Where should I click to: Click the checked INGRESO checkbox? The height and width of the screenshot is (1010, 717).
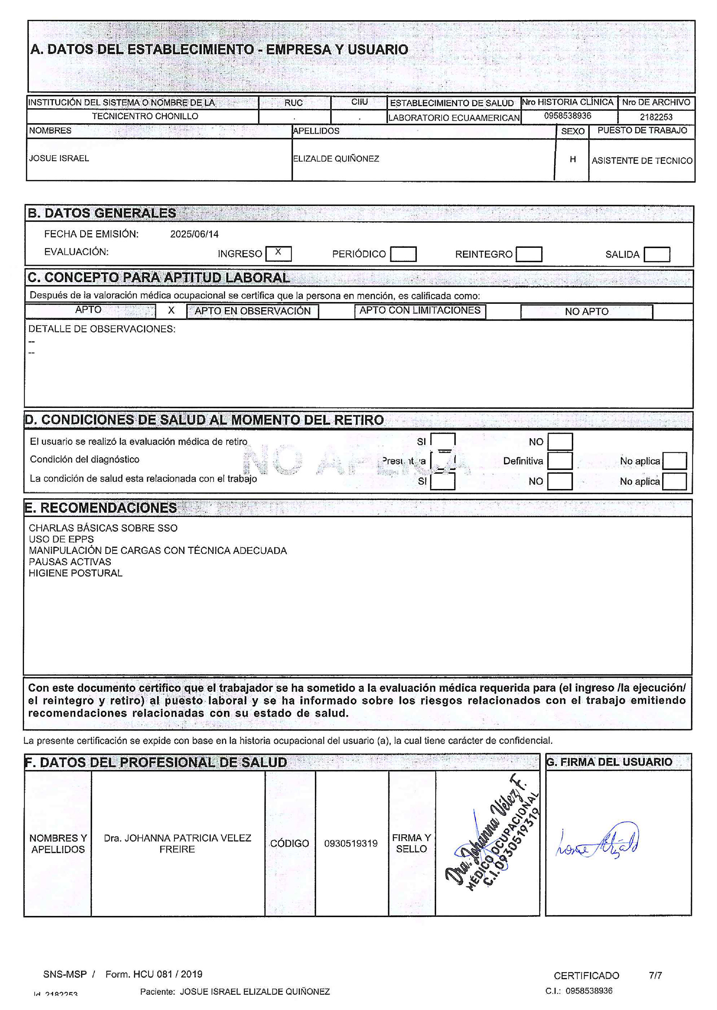[x=278, y=253]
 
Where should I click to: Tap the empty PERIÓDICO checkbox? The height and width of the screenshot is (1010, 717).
[x=403, y=254]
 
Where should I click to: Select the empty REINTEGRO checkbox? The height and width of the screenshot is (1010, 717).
[x=528, y=254]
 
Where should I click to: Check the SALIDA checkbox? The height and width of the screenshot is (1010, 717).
[x=657, y=254]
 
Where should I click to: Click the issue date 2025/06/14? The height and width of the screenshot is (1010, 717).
[x=194, y=234]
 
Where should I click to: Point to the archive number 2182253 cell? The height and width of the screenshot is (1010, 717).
[x=656, y=117]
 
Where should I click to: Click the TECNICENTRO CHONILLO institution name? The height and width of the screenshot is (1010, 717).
[x=145, y=116]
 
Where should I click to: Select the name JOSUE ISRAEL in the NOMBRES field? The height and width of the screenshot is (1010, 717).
[x=59, y=158]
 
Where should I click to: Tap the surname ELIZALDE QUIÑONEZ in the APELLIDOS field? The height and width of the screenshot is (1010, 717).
[x=336, y=159]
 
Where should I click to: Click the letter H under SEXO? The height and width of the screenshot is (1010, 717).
[x=572, y=159]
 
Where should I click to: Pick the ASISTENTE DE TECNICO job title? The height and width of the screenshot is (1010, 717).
[x=642, y=160]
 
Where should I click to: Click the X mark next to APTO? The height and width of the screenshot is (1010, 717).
[x=171, y=311]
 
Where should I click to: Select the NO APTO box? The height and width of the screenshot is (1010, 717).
[x=586, y=312]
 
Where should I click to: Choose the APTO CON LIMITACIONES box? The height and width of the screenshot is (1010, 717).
[x=419, y=311]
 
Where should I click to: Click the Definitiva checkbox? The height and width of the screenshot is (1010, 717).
[x=560, y=461]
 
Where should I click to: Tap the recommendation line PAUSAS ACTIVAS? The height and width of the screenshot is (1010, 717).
[x=70, y=562]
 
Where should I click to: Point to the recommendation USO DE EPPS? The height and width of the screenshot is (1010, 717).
[x=61, y=539]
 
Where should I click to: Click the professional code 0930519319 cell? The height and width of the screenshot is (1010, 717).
[x=351, y=843]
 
